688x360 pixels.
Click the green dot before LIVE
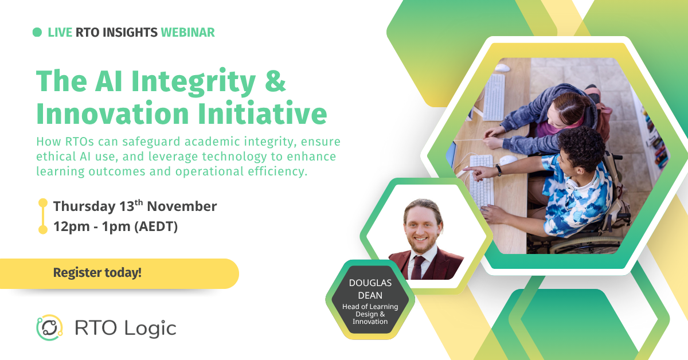(x=37, y=33)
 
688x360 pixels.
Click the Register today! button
(x=97, y=273)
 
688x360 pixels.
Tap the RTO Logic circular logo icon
(x=49, y=328)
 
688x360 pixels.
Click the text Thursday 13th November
(x=135, y=206)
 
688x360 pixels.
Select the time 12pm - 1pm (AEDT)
(x=115, y=227)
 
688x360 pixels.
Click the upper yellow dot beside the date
(x=42, y=203)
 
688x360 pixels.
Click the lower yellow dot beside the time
(x=42, y=229)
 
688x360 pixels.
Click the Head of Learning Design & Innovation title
(x=370, y=314)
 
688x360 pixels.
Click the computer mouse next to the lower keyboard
(x=508, y=160)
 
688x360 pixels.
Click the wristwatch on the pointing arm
(x=499, y=170)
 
